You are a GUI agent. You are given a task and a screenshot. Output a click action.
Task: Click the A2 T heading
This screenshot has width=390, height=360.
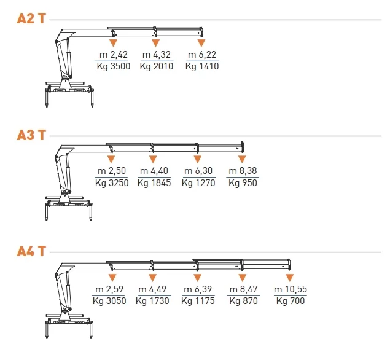[31, 18]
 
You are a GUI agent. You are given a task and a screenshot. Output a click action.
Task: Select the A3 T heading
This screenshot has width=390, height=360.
[31, 135]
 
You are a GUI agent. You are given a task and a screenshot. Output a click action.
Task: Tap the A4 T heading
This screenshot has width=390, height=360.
[31, 251]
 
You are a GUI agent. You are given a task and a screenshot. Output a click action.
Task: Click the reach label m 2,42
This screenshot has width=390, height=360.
[114, 55]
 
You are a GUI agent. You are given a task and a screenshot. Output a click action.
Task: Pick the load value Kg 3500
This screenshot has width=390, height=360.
[114, 66]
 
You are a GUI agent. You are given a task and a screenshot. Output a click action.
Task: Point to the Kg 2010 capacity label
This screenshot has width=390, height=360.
[157, 66]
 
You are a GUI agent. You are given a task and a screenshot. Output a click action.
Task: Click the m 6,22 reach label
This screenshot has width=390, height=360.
[202, 55]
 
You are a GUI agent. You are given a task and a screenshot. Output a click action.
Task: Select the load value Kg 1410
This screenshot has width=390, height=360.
[202, 66]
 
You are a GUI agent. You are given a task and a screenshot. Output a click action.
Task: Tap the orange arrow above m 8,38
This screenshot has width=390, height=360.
[242, 159]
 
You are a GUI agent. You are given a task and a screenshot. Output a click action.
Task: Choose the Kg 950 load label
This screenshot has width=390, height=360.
[243, 183]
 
